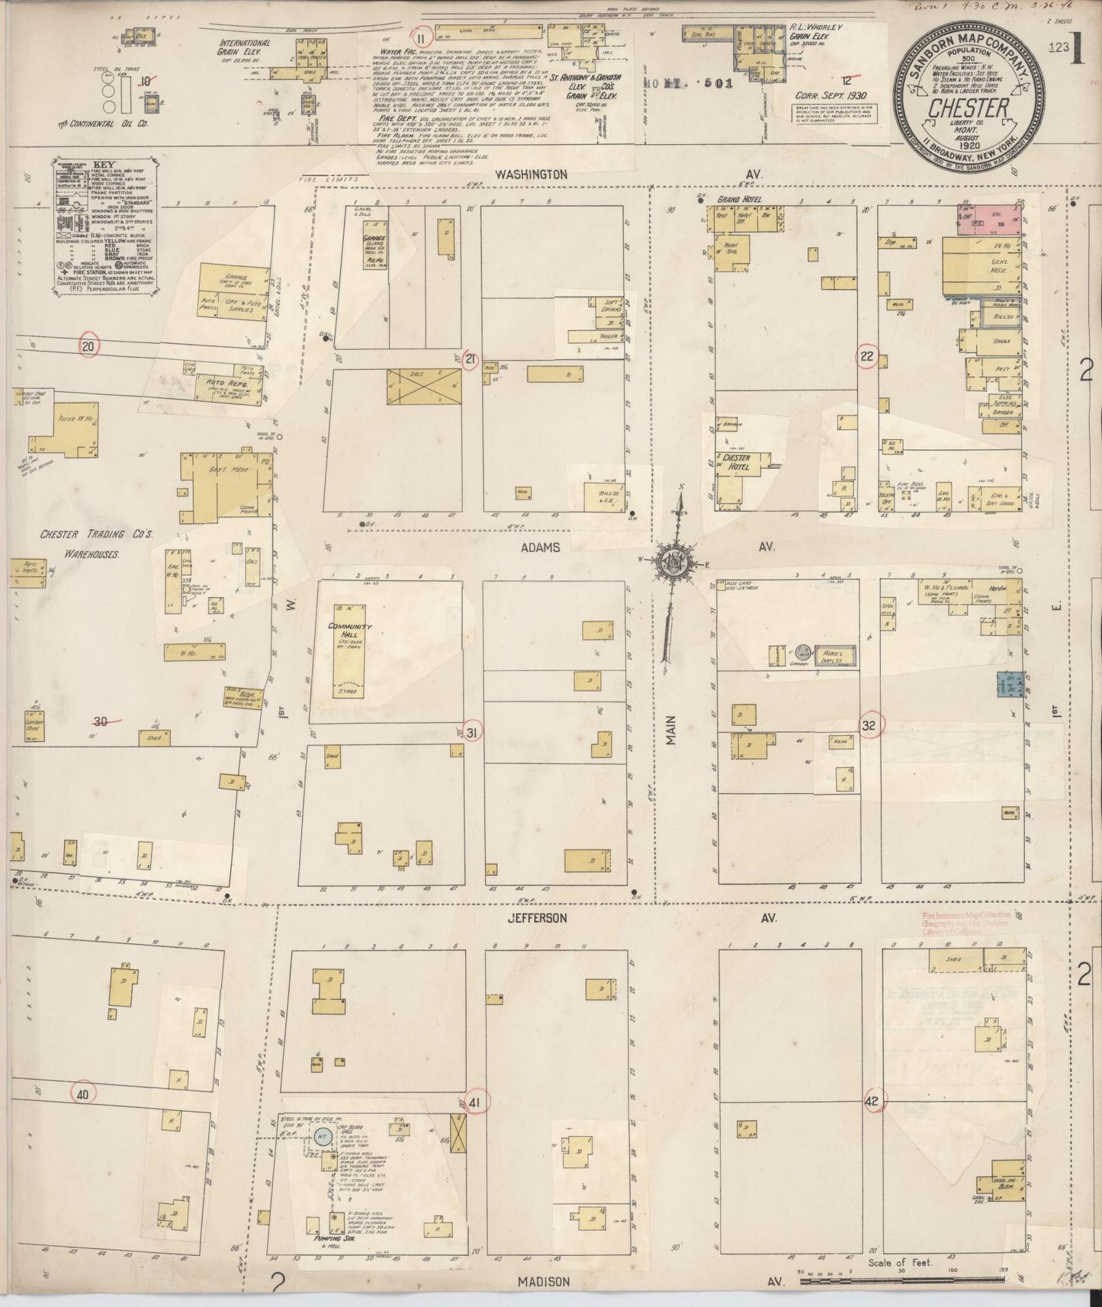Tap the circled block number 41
[474, 1102]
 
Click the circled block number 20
[89, 345]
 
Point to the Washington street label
[531, 174]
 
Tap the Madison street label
[543, 1282]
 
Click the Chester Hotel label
[737, 462]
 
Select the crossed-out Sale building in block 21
[423, 388]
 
